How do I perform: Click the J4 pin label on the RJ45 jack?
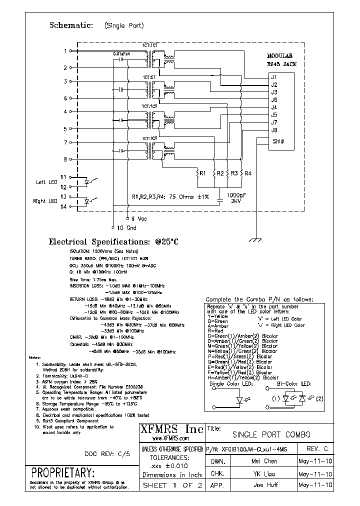[x=274, y=107]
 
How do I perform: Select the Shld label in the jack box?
[x=278, y=141]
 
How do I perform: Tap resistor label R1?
[x=202, y=173]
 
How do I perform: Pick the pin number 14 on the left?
[x=63, y=206]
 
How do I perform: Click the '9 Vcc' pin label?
[x=139, y=218]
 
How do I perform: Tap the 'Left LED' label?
[x=46, y=182]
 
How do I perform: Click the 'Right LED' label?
[x=45, y=201]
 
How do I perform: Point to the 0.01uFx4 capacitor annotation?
[x=121, y=53]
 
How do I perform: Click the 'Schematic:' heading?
[x=70, y=25]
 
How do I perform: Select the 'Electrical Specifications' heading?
[x=113, y=242]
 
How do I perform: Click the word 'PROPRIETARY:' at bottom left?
[x=62, y=472]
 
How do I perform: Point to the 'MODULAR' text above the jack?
[x=279, y=56]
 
